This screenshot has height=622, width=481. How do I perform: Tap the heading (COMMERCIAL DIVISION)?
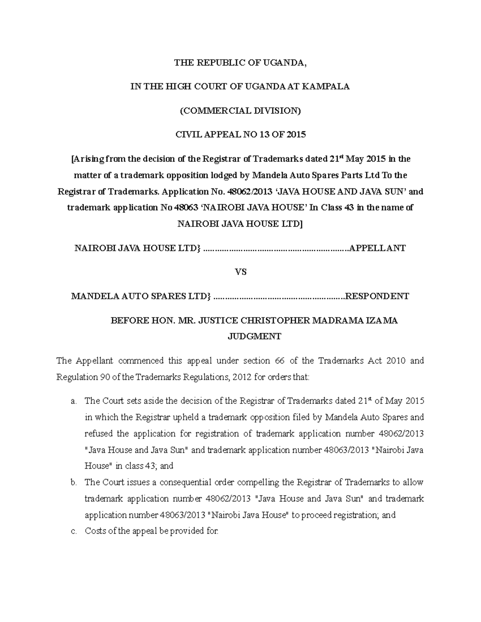pyautogui.click(x=240, y=111)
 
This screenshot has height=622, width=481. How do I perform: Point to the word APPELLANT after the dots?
pyautogui.click(x=377, y=248)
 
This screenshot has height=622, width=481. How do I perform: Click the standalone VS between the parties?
pyautogui.click(x=240, y=272)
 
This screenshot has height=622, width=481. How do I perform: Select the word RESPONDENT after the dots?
pyautogui.click(x=377, y=296)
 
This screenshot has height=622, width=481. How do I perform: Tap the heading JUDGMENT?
pyautogui.click(x=255, y=336)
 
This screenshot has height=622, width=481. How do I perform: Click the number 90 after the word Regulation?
pyautogui.click(x=106, y=377)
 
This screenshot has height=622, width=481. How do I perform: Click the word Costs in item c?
pyautogui.click(x=94, y=531)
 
